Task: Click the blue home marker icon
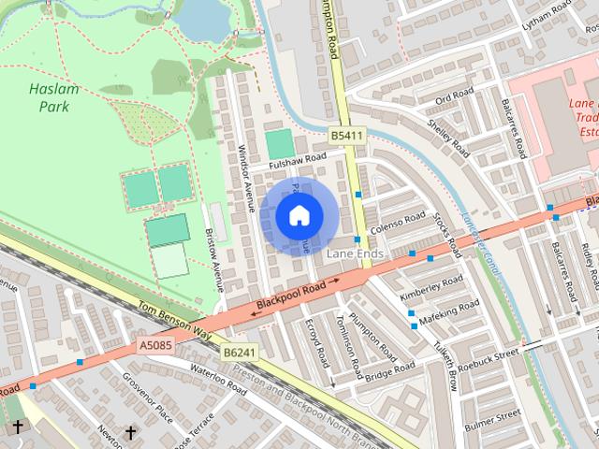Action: tap(299, 216)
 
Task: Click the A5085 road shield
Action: tap(155, 346)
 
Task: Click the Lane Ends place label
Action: tap(355, 253)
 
